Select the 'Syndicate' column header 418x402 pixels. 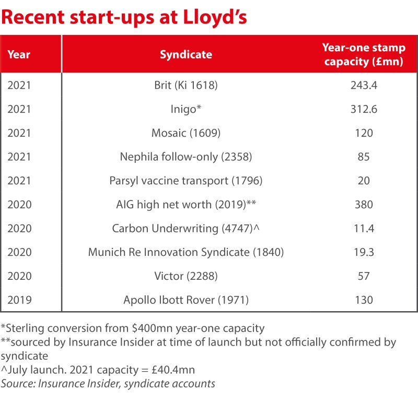pos(185,54)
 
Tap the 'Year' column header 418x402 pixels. pos(19,54)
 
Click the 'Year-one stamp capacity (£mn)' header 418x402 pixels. pos(364,54)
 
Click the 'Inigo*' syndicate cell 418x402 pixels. pos(185,109)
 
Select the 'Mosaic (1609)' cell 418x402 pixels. pos(185,133)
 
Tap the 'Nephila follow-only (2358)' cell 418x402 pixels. pos(185,157)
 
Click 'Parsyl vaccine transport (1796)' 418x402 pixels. pos(185,181)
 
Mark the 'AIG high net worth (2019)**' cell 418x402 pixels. pos(185,205)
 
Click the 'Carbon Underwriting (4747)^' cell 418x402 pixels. pos(185,229)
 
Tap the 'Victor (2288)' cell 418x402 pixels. pos(185,276)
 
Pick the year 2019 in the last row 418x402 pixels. pos(19,300)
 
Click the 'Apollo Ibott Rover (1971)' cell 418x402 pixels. pos(185,300)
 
